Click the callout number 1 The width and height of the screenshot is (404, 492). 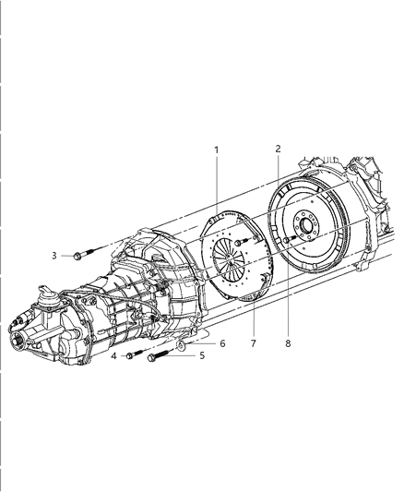216,150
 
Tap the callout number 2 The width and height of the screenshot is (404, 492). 278,149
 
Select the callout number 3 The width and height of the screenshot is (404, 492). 54,255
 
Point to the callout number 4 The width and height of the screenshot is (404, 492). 113,355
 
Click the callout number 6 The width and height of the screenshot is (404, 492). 221,342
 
